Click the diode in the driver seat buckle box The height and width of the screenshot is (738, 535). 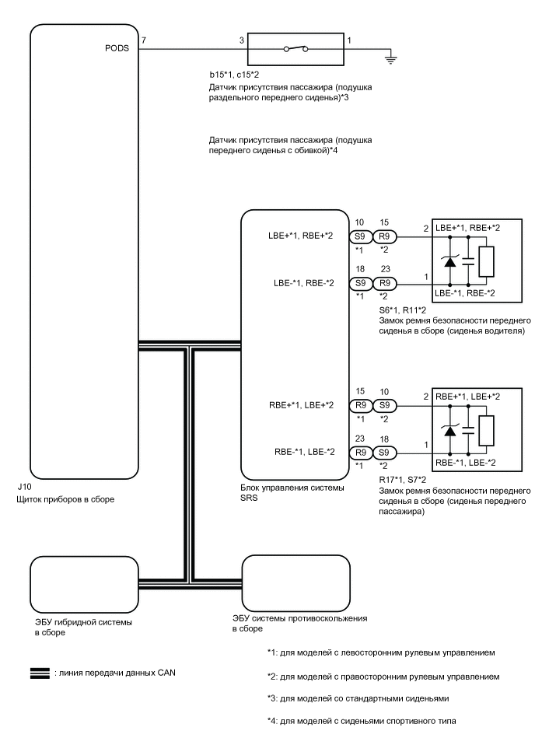(450, 263)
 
